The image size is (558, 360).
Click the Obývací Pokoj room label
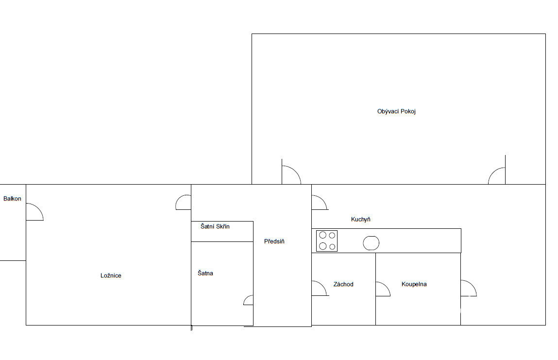tap(396, 111)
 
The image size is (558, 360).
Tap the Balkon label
tap(12, 199)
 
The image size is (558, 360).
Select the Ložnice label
tap(111, 275)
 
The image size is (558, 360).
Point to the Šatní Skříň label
tap(215, 226)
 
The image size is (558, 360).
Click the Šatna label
tap(205, 273)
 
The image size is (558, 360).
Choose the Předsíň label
tap(274, 241)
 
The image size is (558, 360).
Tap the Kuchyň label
tap(360, 219)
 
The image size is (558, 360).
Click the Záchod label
tap(343, 284)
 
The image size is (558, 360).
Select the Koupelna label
tap(414, 284)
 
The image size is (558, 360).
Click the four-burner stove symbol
tap(327, 241)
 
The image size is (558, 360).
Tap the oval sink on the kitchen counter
tap(371, 243)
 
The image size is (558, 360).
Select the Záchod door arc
tap(323, 286)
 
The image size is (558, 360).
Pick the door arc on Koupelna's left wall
tap(387, 286)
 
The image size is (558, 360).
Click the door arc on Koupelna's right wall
tap(473, 285)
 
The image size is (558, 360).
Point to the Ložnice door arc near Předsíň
tap(179, 199)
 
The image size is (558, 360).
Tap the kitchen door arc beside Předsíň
tap(323, 200)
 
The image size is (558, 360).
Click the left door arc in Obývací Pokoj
tap(296, 171)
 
